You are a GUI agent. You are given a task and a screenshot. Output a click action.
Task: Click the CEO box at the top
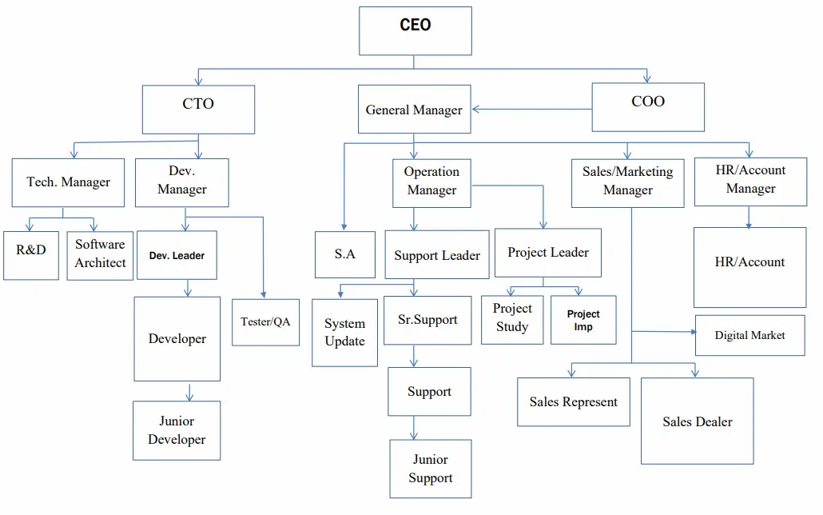[415, 31]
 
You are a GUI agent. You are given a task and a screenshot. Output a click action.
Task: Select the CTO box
[198, 110]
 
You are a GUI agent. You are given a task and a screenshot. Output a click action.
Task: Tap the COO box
[647, 107]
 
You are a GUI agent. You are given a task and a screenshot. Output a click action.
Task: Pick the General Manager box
[414, 110]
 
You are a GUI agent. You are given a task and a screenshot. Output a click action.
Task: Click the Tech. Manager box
[68, 182]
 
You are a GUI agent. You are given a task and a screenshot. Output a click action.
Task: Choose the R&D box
[31, 255]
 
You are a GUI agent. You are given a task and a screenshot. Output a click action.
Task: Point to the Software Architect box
[100, 255]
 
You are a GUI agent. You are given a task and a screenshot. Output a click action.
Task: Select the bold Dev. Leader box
[177, 256]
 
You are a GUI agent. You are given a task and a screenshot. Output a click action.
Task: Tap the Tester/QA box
[265, 321]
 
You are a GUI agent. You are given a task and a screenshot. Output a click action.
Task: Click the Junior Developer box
[177, 430]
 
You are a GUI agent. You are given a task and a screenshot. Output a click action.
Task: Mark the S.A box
[344, 254]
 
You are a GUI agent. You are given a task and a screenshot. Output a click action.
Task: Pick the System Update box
[344, 333]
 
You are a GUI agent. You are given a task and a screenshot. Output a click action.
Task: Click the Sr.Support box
[427, 320]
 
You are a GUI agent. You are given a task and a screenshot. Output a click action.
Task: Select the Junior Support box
[430, 469]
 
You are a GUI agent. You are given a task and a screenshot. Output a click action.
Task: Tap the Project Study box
[512, 319]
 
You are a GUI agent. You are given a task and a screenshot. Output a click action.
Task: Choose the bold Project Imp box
[583, 320]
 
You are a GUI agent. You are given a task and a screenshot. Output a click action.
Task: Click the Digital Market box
[749, 336]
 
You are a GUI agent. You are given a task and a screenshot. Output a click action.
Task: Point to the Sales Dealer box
[697, 421]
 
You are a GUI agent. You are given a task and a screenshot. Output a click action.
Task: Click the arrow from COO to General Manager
[531, 110]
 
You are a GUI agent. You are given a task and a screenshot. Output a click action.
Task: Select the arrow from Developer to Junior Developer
[189, 391]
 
